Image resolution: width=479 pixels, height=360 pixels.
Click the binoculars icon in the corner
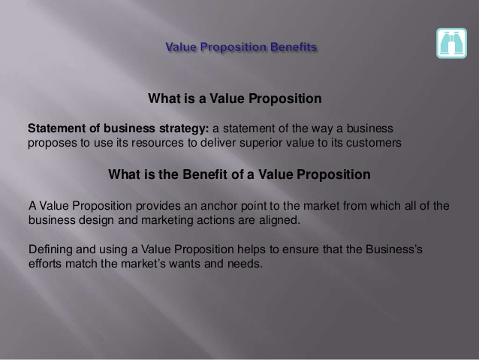(x=451, y=43)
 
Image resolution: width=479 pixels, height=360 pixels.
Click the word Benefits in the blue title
(x=294, y=47)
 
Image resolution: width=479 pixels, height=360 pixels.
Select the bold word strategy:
(x=184, y=129)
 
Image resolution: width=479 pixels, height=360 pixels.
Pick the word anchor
(x=218, y=206)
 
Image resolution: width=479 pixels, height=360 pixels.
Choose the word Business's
(x=393, y=250)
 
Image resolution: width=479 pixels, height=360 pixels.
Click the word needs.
(x=245, y=264)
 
